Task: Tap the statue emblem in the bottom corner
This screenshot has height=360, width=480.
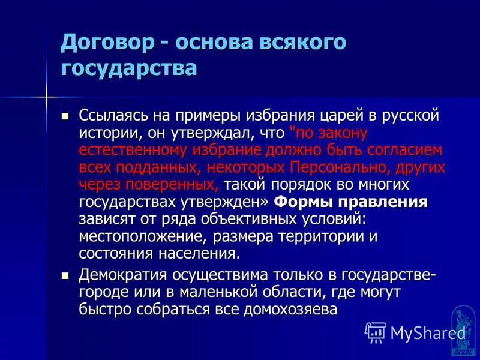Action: (x=463, y=329)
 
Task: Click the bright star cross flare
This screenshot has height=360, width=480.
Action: (x=46, y=96)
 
